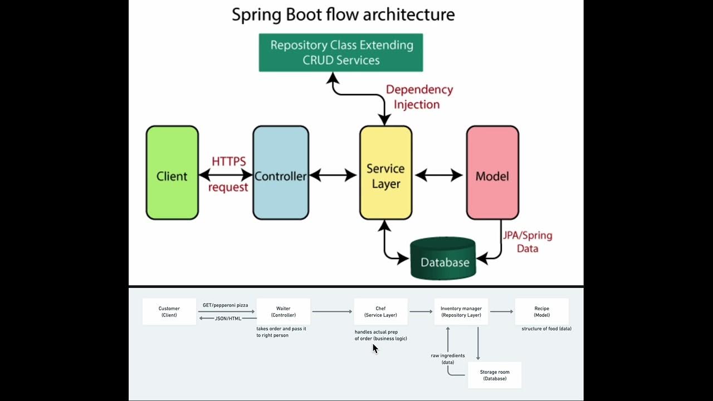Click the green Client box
(172, 173)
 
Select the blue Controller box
(281, 173)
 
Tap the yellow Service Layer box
(385, 173)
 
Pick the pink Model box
(492, 173)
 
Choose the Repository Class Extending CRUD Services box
(341, 52)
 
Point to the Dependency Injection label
(419, 97)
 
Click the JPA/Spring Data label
(527, 242)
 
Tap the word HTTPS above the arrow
(228, 162)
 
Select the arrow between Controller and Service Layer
(333, 176)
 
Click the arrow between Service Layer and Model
(439, 176)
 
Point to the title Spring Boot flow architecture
(343, 14)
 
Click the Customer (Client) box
(169, 312)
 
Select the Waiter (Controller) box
(283, 312)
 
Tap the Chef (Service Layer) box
(380, 312)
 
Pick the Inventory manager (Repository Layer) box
(461, 312)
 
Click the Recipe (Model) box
(541, 312)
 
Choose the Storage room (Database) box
(495, 375)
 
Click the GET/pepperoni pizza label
(226, 305)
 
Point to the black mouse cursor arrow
(375, 348)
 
